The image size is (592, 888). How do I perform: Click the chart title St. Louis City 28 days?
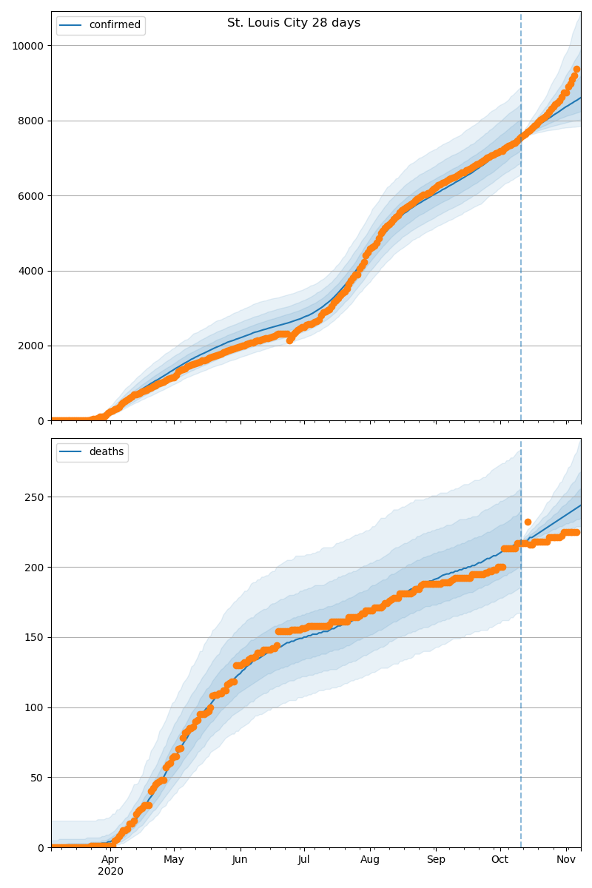(x=294, y=23)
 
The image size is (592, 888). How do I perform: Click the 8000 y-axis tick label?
(x=31, y=121)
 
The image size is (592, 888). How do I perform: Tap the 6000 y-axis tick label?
(x=31, y=196)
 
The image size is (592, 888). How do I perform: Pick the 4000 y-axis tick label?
(x=31, y=271)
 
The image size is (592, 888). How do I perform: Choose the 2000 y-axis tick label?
(x=31, y=346)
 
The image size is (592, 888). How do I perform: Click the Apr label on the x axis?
(x=110, y=860)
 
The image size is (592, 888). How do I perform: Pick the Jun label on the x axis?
(x=240, y=860)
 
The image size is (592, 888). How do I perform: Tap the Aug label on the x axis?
(x=370, y=860)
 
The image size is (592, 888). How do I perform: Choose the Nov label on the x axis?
(x=566, y=860)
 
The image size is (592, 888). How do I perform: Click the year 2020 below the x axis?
(x=110, y=872)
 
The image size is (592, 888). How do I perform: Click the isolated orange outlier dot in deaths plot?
(x=528, y=522)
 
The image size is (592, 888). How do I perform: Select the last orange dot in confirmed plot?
(x=576, y=70)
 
